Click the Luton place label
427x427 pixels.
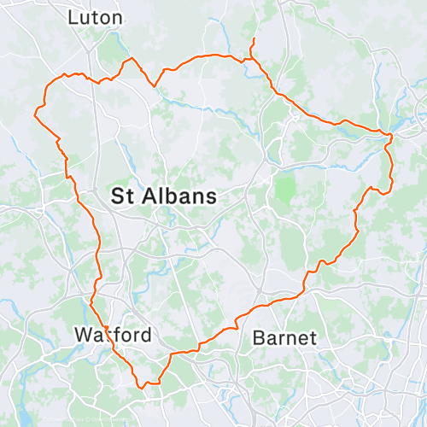click(x=94, y=17)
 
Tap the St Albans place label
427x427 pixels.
click(x=163, y=196)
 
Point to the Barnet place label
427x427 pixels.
click(x=284, y=338)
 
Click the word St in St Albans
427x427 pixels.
click(x=122, y=196)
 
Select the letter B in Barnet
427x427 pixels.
click(x=259, y=338)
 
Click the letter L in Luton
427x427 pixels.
click(x=72, y=17)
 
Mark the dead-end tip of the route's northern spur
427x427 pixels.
click(x=253, y=38)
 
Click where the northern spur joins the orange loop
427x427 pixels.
click(x=251, y=60)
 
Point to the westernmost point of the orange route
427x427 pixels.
click(x=34, y=112)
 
